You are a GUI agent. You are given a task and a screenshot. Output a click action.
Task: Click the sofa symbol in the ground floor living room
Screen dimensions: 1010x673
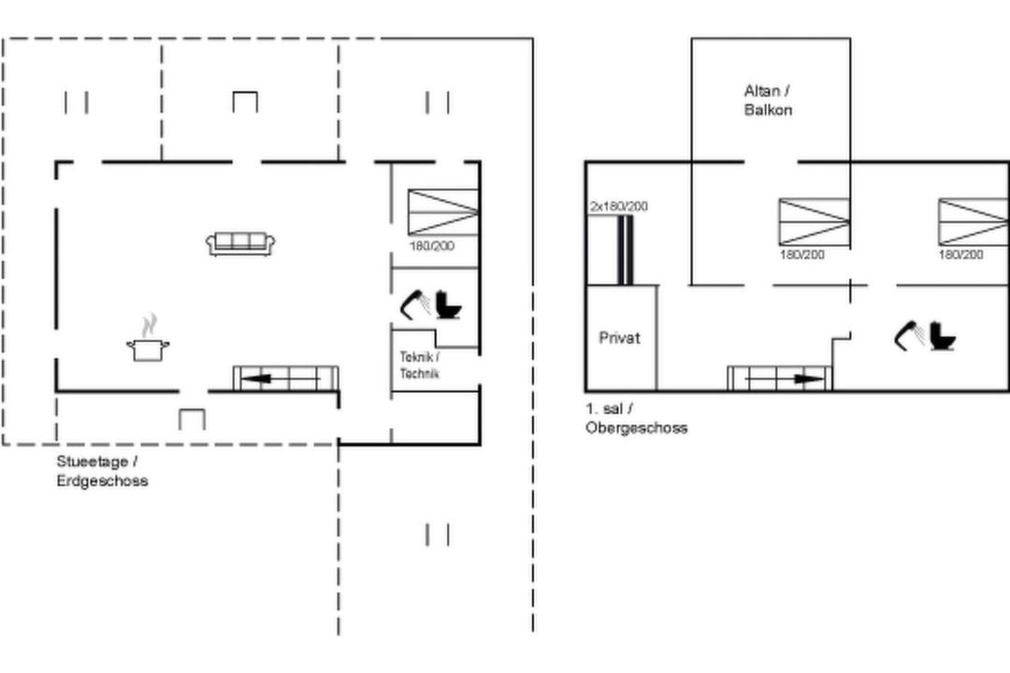[x=240, y=244]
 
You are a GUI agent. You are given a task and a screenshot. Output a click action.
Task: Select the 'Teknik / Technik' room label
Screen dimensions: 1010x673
[x=419, y=365]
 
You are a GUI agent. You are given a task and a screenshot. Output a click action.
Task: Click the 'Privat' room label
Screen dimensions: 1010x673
[x=620, y=337]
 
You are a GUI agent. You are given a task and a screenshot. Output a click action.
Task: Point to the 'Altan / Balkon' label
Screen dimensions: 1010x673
[x=768, y=100]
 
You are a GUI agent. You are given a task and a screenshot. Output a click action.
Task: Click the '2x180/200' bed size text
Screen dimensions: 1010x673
[x=619, y=206]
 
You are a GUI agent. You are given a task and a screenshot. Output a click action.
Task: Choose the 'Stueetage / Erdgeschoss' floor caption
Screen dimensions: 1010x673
[x=103, y=471]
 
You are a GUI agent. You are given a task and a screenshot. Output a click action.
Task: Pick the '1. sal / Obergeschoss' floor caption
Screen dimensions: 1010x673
[x=637, y=418]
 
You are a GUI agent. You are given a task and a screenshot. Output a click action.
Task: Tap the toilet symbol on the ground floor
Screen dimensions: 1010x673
[x=448, y=305]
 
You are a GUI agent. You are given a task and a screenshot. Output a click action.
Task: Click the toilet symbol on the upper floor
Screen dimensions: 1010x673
[x=943, y=336]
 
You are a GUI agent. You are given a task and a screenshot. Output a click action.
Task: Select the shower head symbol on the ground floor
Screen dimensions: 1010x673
[x=415, y=304]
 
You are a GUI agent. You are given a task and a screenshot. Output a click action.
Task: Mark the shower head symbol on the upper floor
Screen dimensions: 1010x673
[x=910, y=336]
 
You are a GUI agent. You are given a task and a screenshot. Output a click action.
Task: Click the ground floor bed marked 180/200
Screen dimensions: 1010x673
[x=443, y=212]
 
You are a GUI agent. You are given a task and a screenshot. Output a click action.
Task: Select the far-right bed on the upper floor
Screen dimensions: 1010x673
[x=974, y=222]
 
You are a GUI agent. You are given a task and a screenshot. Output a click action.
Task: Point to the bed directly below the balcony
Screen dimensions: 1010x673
[x=815, y=222]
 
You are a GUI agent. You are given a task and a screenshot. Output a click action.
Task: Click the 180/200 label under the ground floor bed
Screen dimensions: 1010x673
[x=431, y=246]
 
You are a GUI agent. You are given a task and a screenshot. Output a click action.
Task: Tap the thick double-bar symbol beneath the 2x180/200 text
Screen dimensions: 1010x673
[x=626, y=251]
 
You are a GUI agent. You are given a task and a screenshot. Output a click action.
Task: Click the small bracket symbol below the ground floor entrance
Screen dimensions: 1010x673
[x=192, y=420]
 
